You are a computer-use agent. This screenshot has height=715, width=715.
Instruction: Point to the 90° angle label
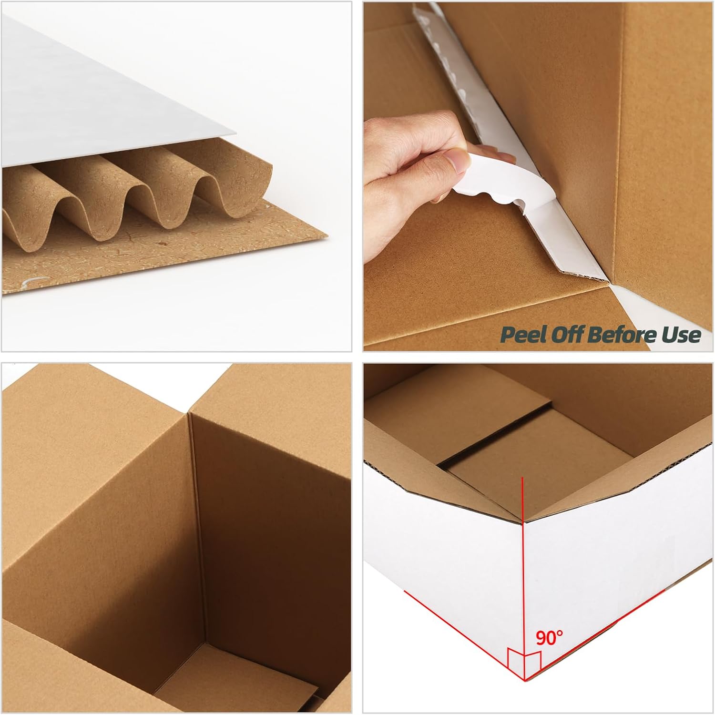(549, 637)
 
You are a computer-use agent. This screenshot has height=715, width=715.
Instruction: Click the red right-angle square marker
(524, 660)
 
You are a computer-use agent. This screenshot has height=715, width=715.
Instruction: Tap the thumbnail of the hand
(458, 163)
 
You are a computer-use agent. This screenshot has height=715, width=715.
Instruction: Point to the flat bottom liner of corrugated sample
(143, 267)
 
